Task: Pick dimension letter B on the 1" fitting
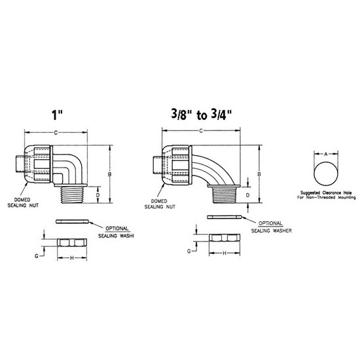coord(109,174)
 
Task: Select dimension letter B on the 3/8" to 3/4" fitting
coord(260,174)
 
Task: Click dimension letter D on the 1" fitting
coord(98,194)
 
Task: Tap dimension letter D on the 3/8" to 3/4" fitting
coord(247,195)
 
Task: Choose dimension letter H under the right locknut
coord(225,253)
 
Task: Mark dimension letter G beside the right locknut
coord(189,250)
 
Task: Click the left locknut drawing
coord(72,242)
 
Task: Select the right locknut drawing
coord(225,237)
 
